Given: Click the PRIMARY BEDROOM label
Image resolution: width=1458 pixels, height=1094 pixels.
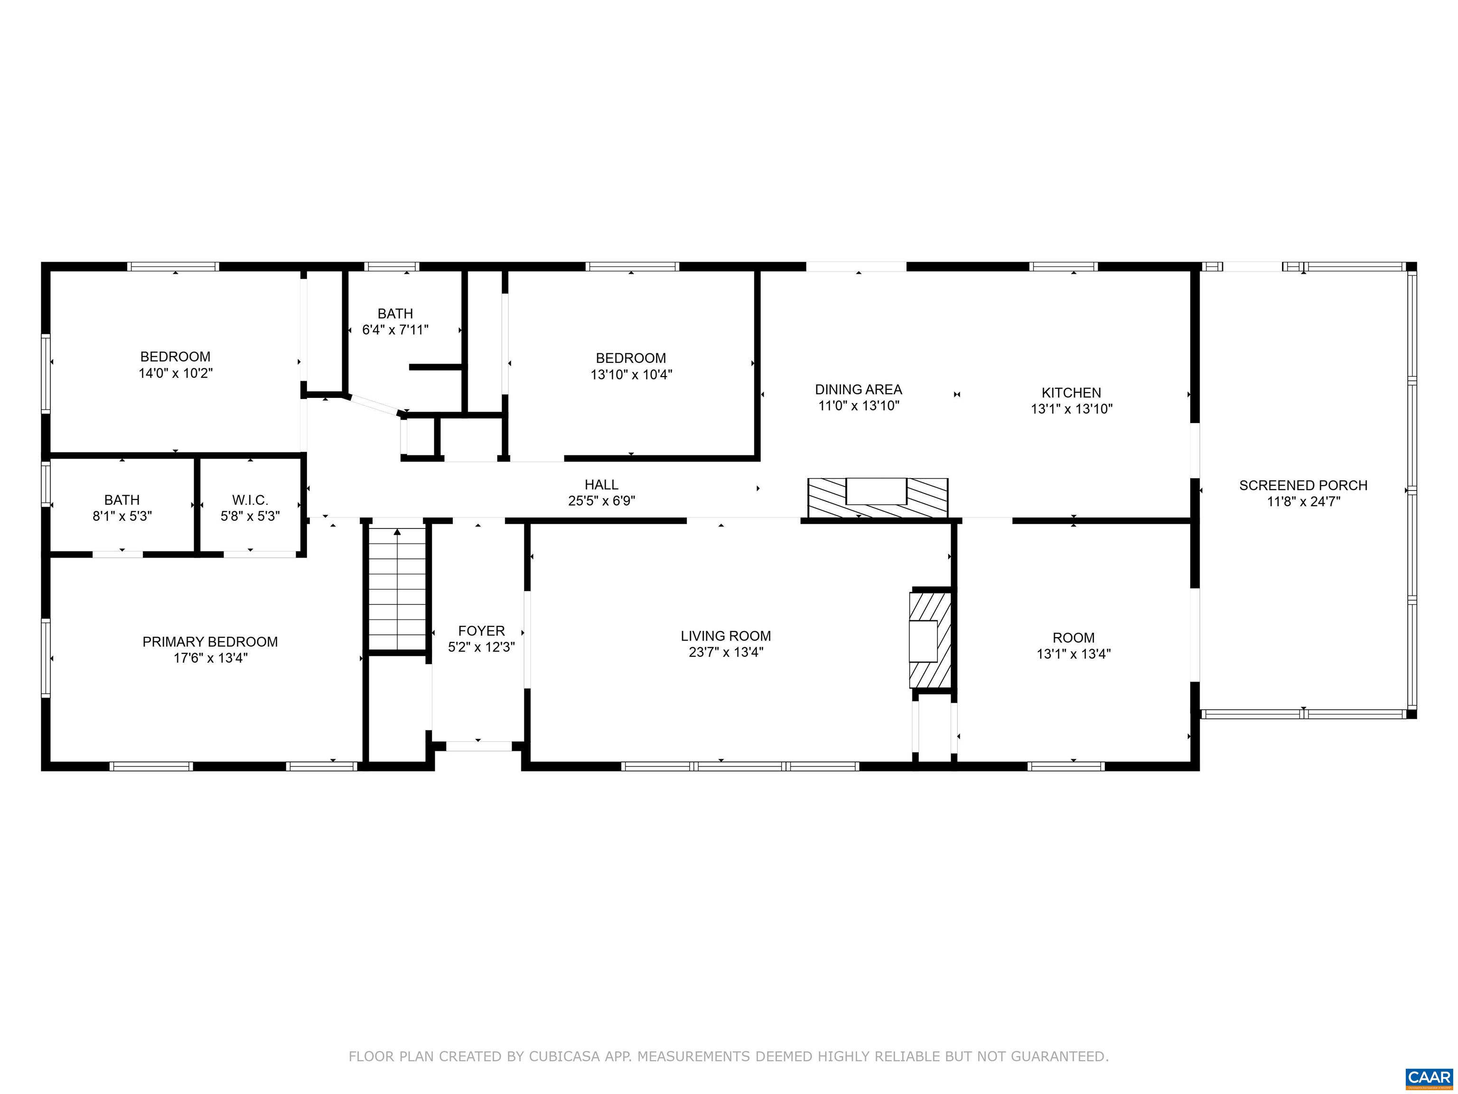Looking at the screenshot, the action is click(210, 641).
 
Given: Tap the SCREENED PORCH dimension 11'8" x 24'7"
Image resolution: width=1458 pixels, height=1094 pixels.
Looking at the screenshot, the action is click(1303, 501).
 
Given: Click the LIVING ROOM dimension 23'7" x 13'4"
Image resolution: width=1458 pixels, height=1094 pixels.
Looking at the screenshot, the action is click(726, 652).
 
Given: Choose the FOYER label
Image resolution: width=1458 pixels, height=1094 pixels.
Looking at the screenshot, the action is click(481, 631).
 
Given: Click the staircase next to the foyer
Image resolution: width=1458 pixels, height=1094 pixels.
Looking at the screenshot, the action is click(397, 589).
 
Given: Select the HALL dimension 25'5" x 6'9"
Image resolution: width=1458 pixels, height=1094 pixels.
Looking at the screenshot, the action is click(601, 501).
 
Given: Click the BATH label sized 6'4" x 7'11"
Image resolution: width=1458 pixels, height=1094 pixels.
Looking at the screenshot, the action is click(395, 314).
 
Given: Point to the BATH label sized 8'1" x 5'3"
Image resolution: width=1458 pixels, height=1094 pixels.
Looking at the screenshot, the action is click(122, 500).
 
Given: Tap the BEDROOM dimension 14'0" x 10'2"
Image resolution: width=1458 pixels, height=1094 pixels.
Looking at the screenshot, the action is click(175, 373).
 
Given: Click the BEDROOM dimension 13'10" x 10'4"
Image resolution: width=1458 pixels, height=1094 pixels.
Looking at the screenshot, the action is click(631, 375).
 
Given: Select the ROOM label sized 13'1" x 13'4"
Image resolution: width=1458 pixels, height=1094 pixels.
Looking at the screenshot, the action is click(1073, 638).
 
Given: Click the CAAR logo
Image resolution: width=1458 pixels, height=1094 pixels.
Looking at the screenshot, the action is click(1429, 1077).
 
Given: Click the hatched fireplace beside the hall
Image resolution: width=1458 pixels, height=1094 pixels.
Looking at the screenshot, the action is click(878, 498).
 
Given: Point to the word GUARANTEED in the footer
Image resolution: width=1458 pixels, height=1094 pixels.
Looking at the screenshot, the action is click(1060, 1056).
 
